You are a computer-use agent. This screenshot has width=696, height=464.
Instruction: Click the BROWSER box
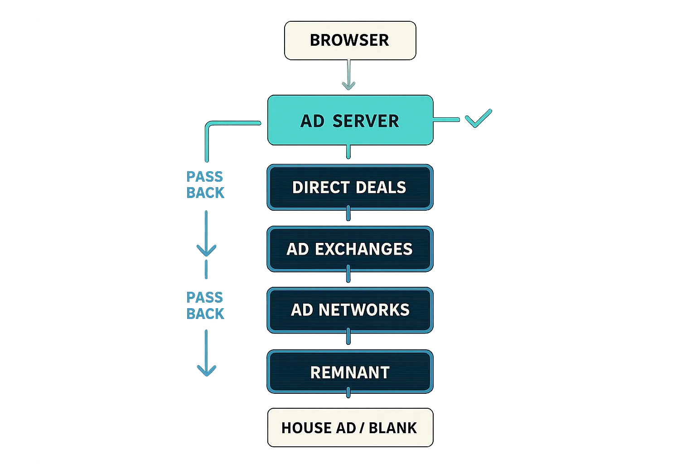[350, 40]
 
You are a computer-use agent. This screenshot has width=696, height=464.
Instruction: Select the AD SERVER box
[350, 121]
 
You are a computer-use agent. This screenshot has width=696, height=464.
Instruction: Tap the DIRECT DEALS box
[350, 187]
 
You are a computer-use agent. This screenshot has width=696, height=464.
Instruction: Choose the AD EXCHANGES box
[350, 249]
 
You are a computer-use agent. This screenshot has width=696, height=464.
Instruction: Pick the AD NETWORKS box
[350, 310]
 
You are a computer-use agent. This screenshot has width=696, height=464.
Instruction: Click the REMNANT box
[350, 372]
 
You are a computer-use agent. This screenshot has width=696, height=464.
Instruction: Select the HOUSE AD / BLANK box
[350, 428]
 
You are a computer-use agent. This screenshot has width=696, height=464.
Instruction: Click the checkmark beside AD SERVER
[478, 118]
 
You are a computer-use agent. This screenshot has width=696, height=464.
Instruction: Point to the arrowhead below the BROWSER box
[348, 85]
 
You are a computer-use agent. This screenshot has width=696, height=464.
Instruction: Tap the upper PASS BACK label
[205, 185]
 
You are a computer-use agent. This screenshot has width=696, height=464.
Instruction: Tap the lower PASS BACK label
[205, 306]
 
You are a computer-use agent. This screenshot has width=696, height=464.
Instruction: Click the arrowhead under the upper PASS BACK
[207, 250]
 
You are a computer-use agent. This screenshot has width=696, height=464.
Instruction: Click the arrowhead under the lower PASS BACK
[207, 370]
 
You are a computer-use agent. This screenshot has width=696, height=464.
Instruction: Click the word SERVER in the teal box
[366, 121]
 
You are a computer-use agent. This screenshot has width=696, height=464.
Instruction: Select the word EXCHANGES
[363, 249]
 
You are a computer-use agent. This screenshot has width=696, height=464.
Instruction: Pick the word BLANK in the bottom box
[392, 428]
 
